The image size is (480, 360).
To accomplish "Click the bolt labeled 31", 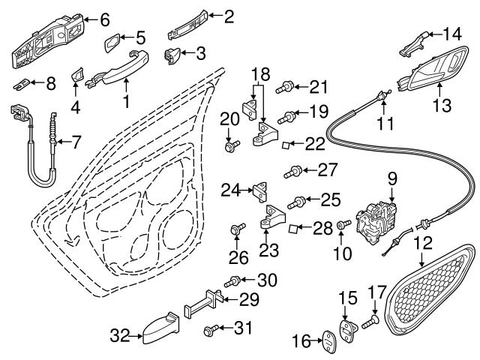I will pyautogui.click(x=211, y=329).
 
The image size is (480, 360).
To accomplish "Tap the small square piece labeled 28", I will pyautogui.click(x=295, y=228).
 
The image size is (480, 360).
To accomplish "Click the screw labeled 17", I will pyautogui.click(x=369, y=324).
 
